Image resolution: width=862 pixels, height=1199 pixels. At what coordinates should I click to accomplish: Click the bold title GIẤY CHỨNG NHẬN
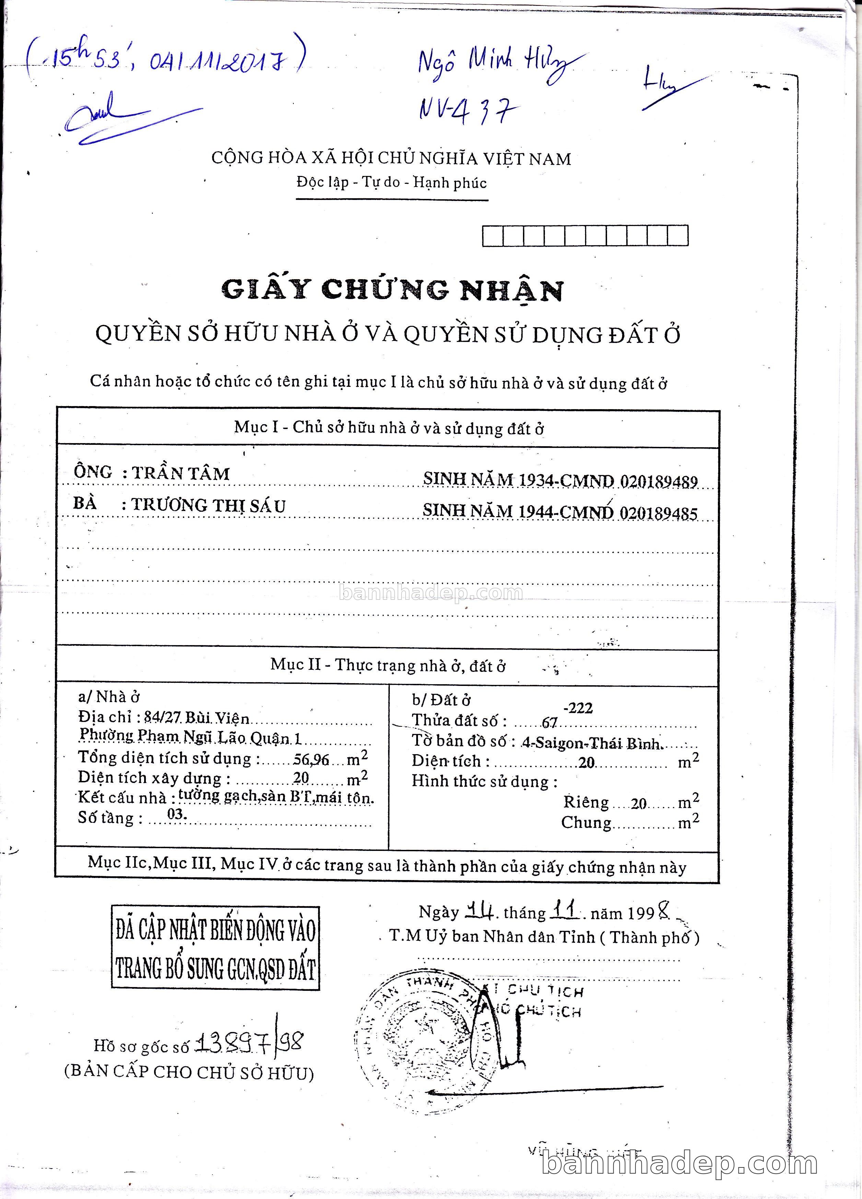(x=392, y=289)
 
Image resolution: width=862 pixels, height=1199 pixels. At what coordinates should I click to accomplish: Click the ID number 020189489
(x=659, y=482)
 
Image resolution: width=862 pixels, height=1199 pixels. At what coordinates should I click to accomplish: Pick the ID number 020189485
(x=659, y=513)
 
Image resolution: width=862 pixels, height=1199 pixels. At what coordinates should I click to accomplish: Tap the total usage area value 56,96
(x=312, y=760)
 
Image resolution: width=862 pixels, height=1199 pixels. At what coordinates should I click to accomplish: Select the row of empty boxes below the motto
(x=585, y=236)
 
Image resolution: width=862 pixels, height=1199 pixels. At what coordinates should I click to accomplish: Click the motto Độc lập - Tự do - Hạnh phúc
(x=391, y=183)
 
